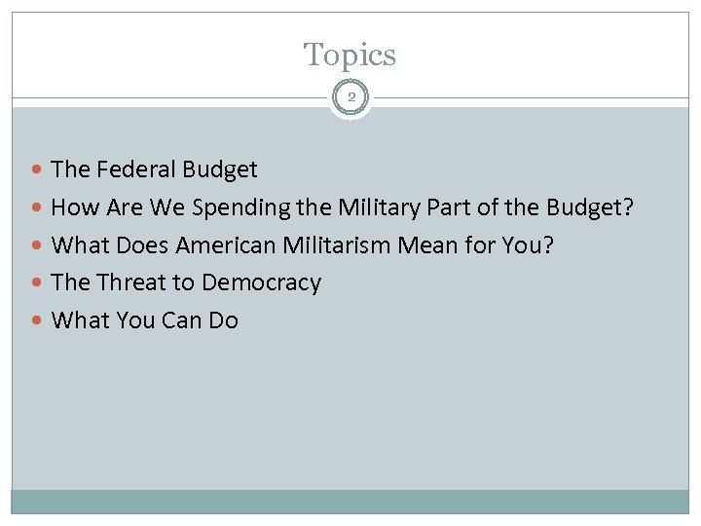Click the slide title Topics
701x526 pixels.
(x=350, y=55)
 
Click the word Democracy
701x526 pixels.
(x=261, y=283)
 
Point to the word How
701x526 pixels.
(x=72, y=207)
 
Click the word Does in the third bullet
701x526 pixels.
(x=142, y=244)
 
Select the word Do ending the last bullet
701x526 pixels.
(x=223, y=320)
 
